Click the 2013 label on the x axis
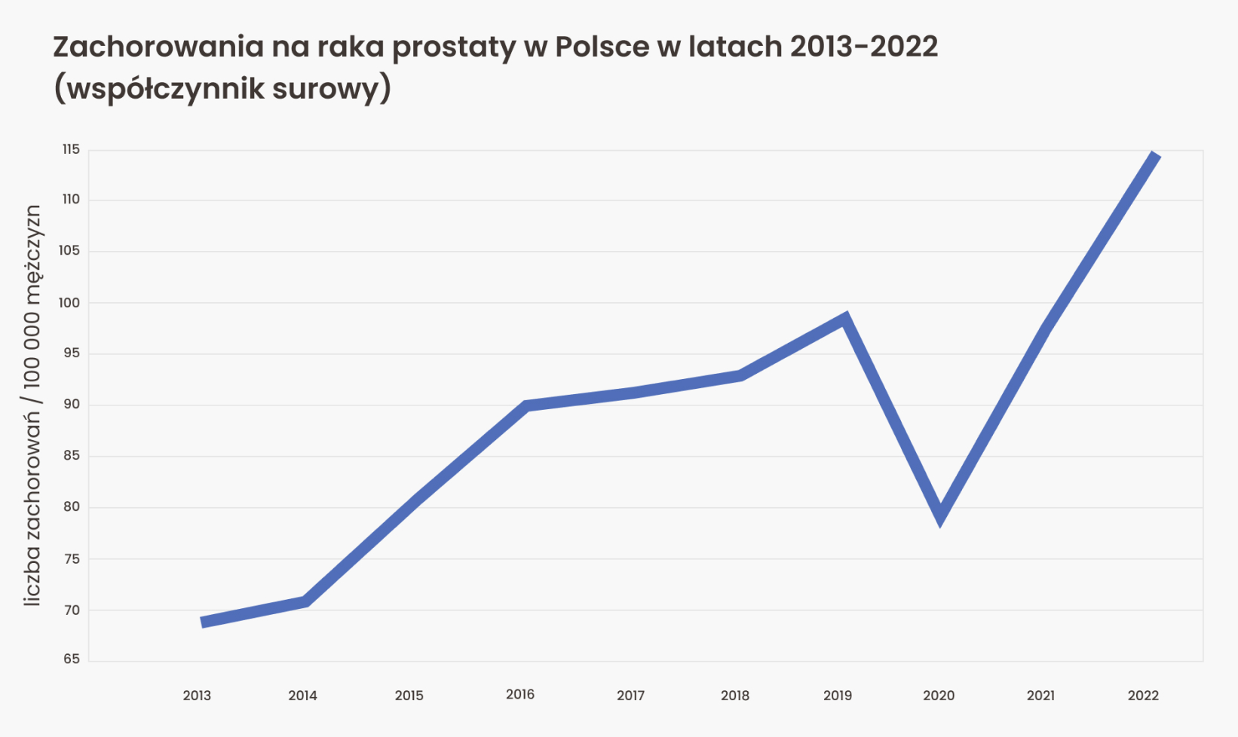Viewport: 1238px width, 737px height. [197, 696]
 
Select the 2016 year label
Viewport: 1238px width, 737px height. [520, 694]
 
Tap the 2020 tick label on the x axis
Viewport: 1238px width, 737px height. [939, 696]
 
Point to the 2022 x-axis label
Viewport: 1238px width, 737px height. [1143, 696]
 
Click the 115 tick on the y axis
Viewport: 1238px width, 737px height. [71, 149]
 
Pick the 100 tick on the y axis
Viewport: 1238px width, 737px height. [70, 302]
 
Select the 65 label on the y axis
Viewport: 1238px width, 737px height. [72, 659]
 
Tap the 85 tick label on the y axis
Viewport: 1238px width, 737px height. [72, 455]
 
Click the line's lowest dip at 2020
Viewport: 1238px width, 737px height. [940, 516]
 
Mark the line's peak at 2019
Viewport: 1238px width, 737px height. [845, 319]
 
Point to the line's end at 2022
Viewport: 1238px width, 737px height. [1156, 155]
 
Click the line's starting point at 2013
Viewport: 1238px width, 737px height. [203, 622]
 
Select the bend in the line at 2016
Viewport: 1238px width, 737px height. [527, 406]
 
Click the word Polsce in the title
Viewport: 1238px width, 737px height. [602, 47]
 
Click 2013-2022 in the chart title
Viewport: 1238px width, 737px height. [864, 47]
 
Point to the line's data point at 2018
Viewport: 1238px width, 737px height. [740, 375]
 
